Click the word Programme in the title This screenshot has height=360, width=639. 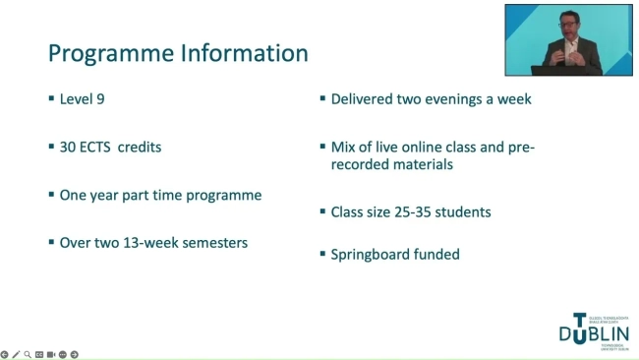click(x=106, y=53)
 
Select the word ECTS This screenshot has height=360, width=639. click(x=95, y=148)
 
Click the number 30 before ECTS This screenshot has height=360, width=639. click(x=69, y=148)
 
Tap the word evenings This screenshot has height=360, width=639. click(x=460, y=99)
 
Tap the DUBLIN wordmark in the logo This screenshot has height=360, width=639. click(x=595, y=334)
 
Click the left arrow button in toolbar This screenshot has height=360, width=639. click(x=5, y=354)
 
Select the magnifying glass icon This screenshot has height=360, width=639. click(x=28, y=354)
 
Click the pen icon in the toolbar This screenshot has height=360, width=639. click(x=16, y=354)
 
